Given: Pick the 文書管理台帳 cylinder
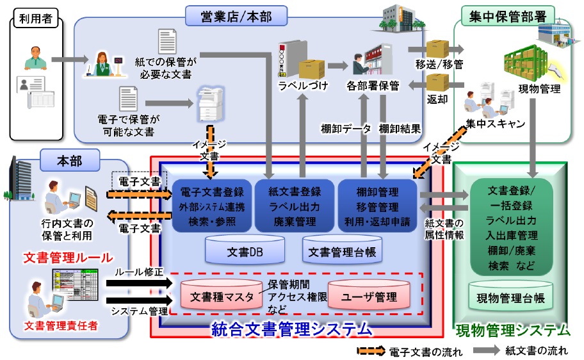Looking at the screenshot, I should click(x=342, y=250).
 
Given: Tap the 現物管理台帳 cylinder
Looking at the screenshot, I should click(x=511, y=298).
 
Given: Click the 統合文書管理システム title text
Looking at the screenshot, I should click(x=291, y=330).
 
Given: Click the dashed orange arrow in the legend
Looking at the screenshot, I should click(x=371, y=350).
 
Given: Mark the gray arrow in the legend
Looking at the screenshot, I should click(x=487, y=350).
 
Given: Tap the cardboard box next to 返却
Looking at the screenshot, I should click(x=437, y=81).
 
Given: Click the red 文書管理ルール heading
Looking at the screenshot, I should click(x=68, y=258).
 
